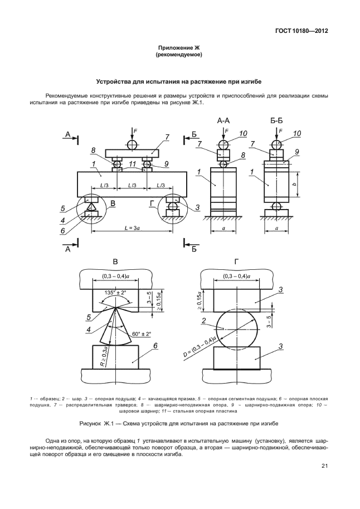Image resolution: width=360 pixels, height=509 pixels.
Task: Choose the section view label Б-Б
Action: (276, 120)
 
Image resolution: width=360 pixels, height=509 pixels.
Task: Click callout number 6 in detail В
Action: (155, 346)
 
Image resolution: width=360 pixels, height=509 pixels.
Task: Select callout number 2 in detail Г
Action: (205, 321)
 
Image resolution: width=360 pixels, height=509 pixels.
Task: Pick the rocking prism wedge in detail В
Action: (115, 326)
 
